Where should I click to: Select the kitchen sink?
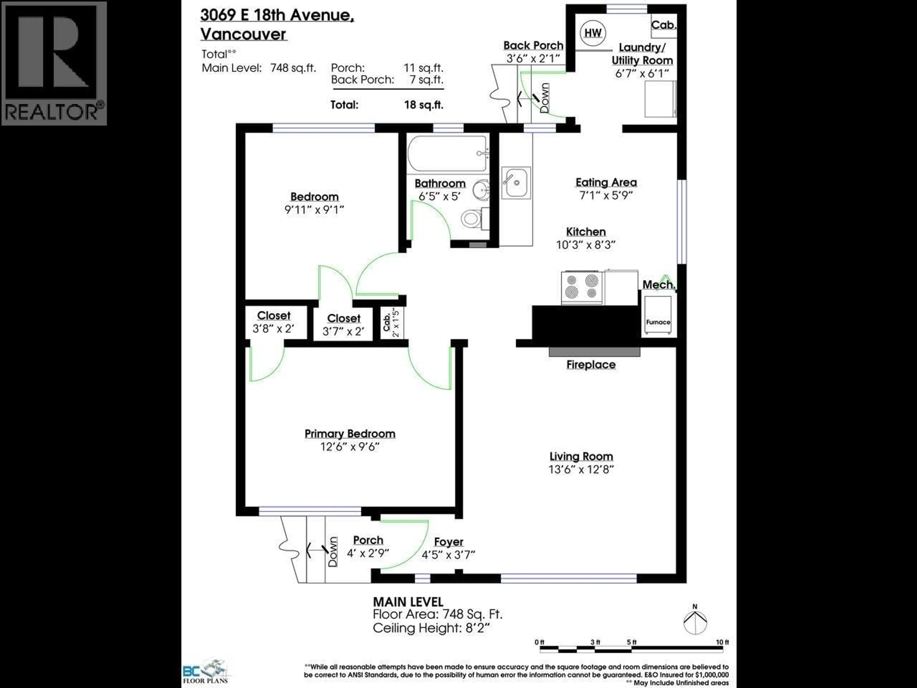point(516,183)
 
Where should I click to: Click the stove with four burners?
point(582,287)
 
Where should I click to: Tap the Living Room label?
point(581,456)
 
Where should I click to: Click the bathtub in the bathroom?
point(447,153)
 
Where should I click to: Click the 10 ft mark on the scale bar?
point(722,642)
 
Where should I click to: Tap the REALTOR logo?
point(54,63)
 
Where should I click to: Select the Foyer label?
point(448,542)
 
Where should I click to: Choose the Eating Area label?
point(606,182)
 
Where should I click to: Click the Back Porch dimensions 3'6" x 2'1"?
point(533,58)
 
